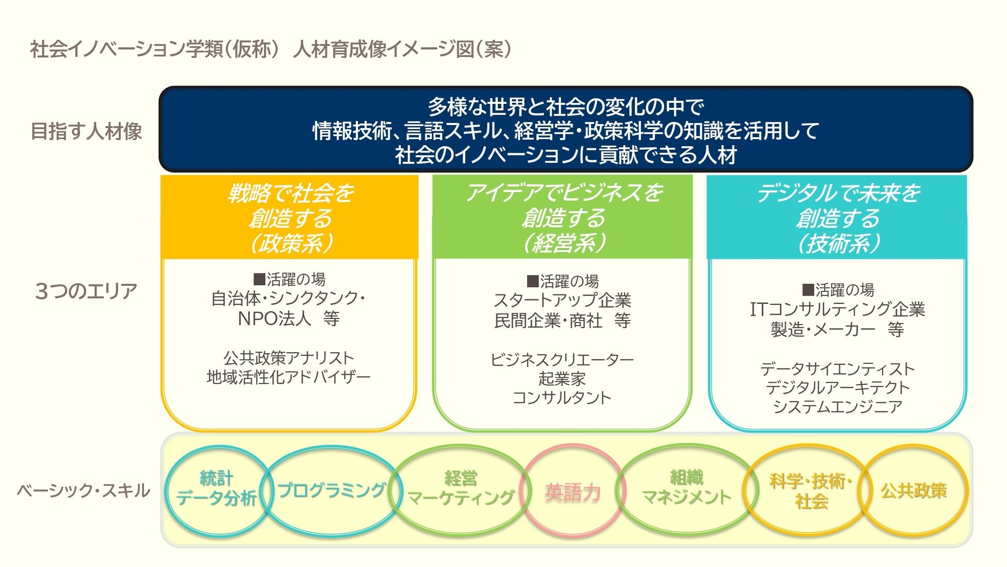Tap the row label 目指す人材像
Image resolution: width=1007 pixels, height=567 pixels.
click(86, 131)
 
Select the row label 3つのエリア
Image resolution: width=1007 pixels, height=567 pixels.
click(86, 291)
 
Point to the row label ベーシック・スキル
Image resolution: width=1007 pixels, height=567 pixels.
click(83, 491)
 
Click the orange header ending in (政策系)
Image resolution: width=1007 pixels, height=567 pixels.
click(290, 218)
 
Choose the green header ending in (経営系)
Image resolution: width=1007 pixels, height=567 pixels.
click(562, 218)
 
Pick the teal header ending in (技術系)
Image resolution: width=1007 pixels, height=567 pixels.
click(837, 218)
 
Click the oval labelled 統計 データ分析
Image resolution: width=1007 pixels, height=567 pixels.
click(216, 489)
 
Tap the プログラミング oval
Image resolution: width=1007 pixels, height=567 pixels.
click(331, 489)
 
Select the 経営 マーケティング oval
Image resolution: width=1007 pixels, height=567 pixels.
click(460, 488)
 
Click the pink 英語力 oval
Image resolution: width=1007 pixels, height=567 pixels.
click(573, 492)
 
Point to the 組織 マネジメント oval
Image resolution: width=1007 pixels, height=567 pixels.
click(686, 488)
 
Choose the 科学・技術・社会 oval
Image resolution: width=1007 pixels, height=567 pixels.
click(810, 491)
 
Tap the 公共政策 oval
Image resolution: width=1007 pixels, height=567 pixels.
click(914, 490)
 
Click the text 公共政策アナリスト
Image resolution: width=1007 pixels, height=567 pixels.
click(289, 358)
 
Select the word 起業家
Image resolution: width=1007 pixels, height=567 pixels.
click(562, 379)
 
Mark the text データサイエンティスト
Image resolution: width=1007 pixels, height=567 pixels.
click(837, 369)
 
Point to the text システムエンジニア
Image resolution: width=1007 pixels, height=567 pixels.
click(837, 407)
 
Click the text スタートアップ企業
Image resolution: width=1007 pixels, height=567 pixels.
click(562, 300)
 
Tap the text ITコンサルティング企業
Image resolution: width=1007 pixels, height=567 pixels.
click(837, 309)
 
